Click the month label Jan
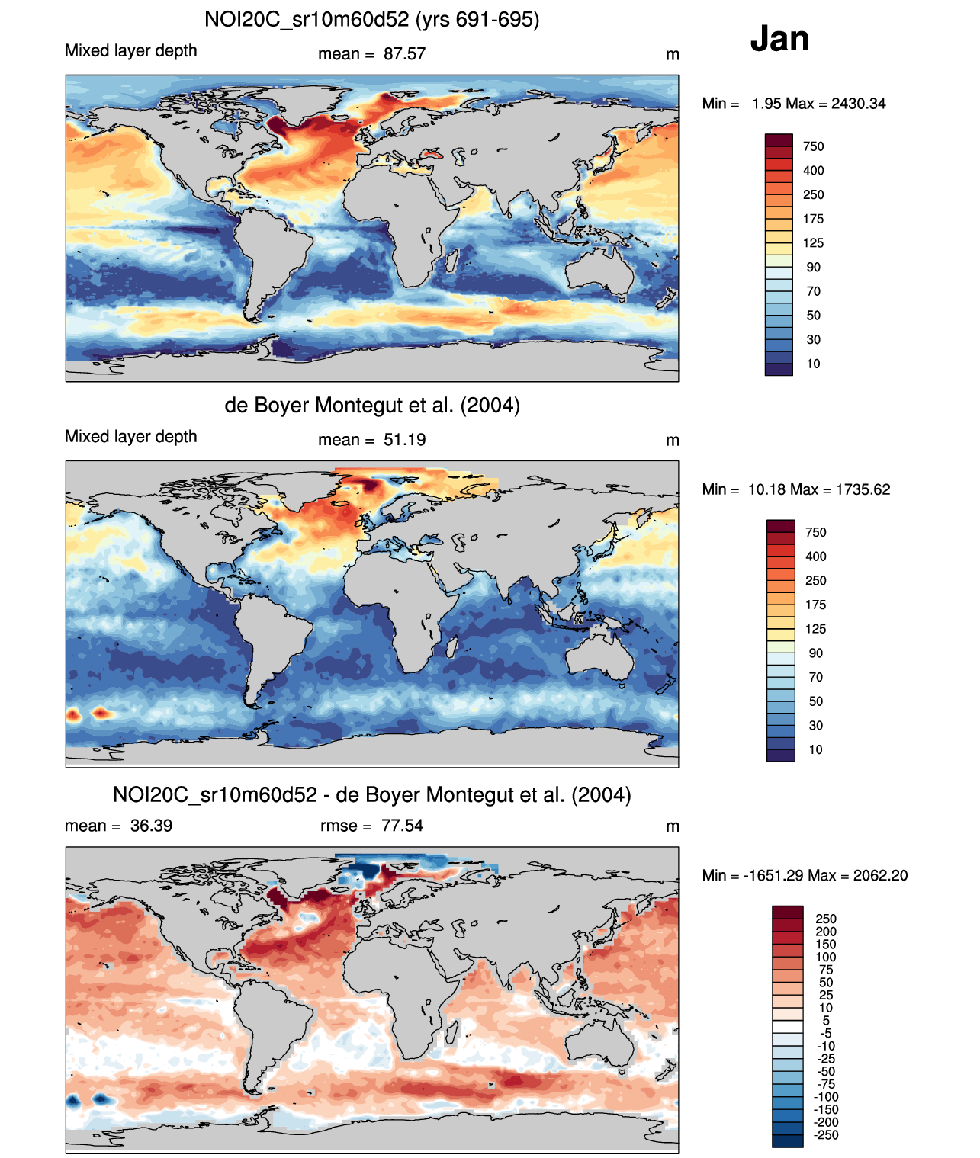coord(779,38)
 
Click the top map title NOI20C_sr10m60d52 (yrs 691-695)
coord(371,19)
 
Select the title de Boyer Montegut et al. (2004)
coord(371,405)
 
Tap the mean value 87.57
coord(404,54)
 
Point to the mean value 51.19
coord(404,440)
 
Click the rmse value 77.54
coord(402,826)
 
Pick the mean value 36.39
coord(151,826)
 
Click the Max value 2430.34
coord(858,104)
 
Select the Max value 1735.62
coord(863,489)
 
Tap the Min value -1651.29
coord(773,875)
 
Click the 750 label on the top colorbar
coord(813,146)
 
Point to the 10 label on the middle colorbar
coord(815,749)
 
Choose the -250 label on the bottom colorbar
coord(826,1135)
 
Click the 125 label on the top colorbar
coord(813,243)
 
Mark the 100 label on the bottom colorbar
coord(826,957)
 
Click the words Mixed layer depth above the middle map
coord(131,437)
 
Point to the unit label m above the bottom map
coord(672,826)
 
